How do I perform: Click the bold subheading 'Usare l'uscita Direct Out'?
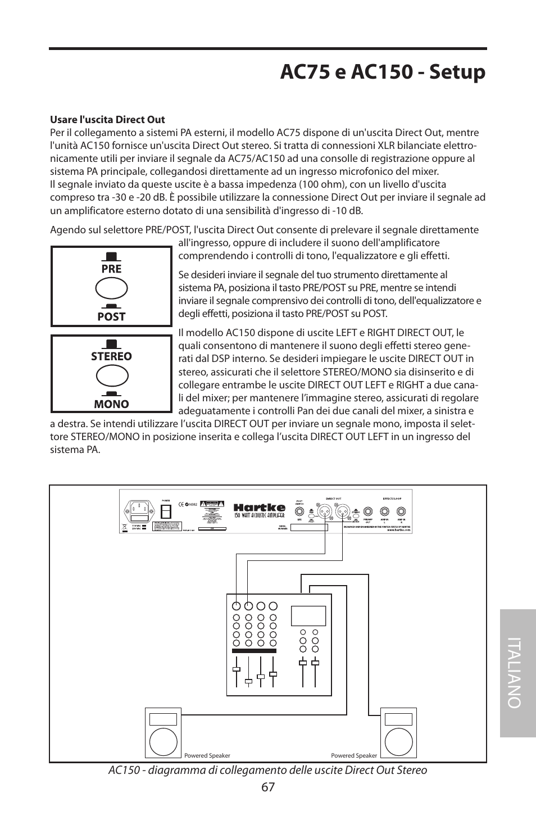click(107, 120)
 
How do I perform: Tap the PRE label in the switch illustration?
click(111, 269)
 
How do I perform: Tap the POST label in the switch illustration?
click(111, 316)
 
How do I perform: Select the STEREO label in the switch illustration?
click(111, 356)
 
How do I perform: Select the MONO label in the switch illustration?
click(111, 404)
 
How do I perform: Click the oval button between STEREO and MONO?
click(111, 377)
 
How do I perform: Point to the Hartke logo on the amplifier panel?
click(259, 507)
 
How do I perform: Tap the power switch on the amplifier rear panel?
click(166, 511)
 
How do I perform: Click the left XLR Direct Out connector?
click(326, 511)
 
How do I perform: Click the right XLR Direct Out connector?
click(342, 511)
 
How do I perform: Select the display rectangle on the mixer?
click(308, 615)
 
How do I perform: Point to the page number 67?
click(267, 787)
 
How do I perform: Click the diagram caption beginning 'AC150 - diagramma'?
click(267, 770)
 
